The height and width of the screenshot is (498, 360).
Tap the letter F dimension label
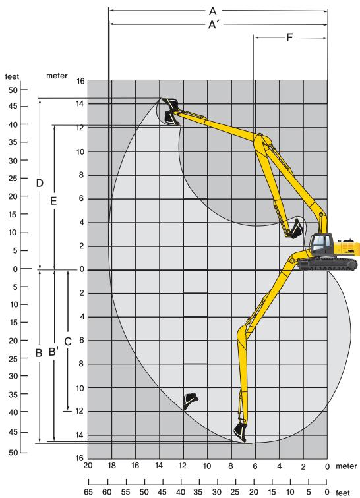tap(289, 38)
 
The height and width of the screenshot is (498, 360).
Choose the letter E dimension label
tap(53, 201)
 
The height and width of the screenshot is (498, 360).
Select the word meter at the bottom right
tap(347, 466)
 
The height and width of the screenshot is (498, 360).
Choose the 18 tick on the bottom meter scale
tap(111, 466)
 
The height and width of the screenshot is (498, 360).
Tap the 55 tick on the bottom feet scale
tap(126, 491)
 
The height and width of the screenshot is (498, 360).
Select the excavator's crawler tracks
tap(327, 263)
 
